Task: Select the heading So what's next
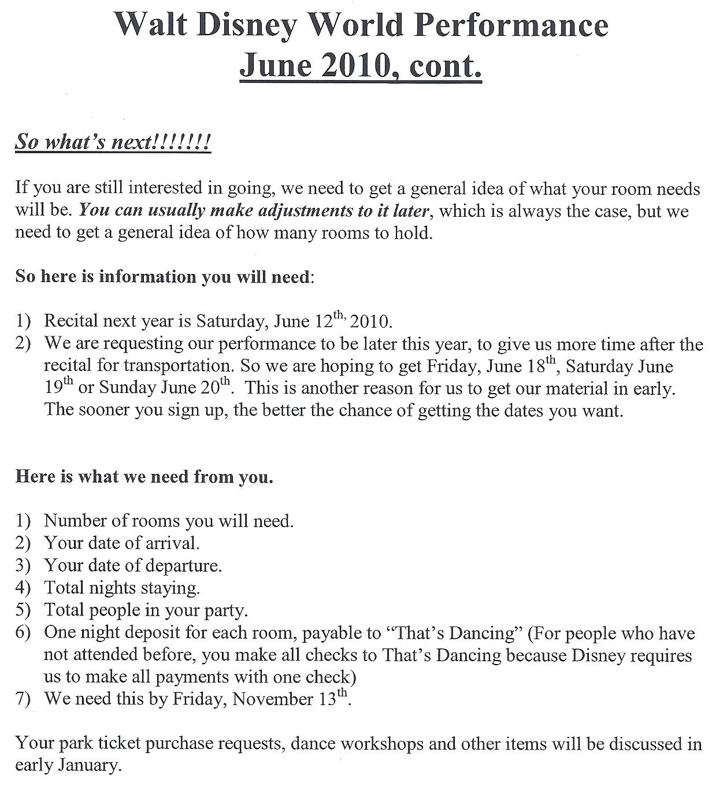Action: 113,142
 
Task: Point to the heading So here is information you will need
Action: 164,276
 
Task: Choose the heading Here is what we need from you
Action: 144,477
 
